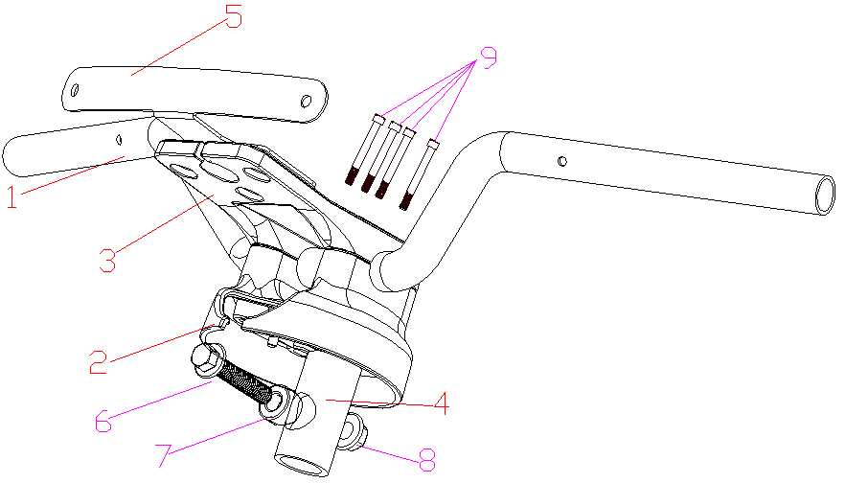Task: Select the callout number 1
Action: (11, 198)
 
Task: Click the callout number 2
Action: (97, 361)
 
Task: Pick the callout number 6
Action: (103, 418)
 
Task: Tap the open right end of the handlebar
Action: (824, 194)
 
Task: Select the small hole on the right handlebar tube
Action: (563, 159)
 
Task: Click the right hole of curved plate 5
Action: (307, 100)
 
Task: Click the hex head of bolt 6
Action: (204, 359)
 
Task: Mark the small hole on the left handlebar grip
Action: (121, 139)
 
